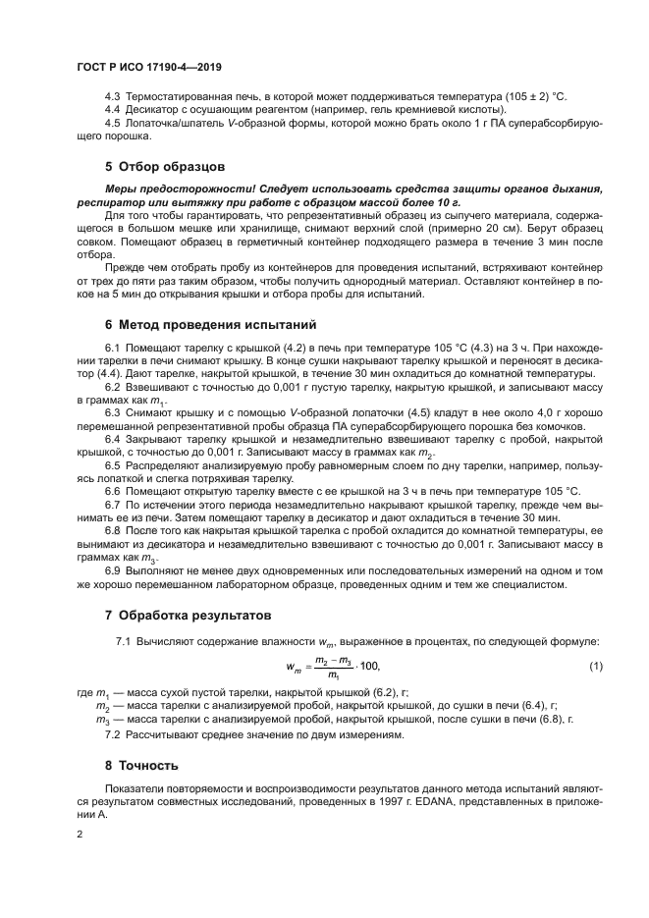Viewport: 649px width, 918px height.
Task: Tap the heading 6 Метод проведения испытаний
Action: (x=196, y=324)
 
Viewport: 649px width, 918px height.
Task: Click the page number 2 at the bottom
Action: (x=80, y=835)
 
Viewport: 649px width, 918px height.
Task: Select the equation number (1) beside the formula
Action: (x=594, y=668)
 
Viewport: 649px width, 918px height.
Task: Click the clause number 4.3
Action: (x=113, y=98)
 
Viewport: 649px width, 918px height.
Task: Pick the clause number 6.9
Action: (x=113, y=570)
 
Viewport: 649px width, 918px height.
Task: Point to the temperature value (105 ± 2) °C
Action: (x=536, y=98)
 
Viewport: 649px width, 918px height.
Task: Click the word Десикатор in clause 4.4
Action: (x=154, y=111)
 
